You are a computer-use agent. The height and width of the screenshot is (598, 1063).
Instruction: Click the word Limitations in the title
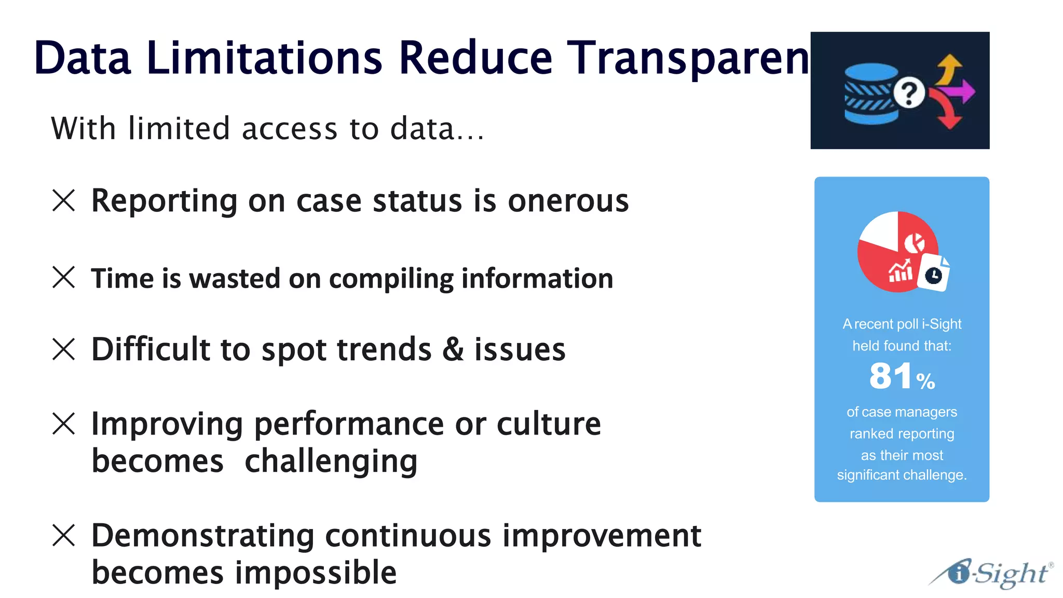coord(264,58)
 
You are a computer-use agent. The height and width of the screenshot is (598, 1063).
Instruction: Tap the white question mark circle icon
coord(908,93)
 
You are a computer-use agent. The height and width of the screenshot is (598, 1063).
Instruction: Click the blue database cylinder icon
coord(870,94)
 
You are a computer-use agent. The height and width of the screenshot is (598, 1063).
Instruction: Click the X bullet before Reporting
coord(64,200)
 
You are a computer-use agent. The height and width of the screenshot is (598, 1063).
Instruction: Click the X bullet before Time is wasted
coord(64,277)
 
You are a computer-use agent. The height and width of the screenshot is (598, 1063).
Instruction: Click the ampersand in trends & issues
coord(453,349)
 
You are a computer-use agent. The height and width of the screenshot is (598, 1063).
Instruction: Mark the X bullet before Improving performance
coord(64,424)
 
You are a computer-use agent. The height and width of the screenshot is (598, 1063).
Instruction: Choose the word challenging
coord(331,461)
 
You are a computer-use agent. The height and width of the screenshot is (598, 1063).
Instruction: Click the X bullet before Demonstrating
coord(64,535)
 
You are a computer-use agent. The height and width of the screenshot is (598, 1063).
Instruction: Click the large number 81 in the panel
coord(890,376)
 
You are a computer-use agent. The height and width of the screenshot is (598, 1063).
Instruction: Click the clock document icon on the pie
coord(933,274)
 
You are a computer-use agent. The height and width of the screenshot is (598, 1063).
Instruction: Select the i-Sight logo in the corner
coord(991,573)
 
